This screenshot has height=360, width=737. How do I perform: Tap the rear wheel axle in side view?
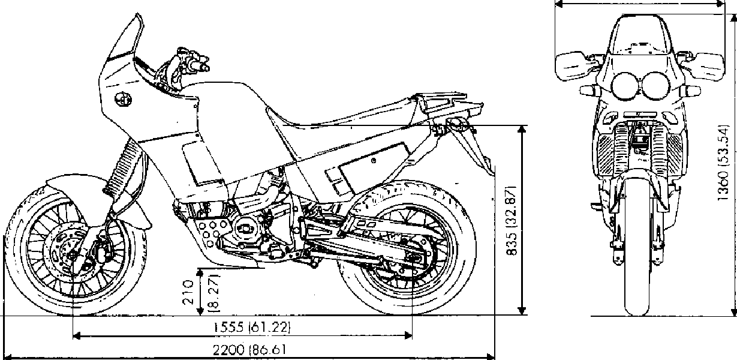coord(413,258)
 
